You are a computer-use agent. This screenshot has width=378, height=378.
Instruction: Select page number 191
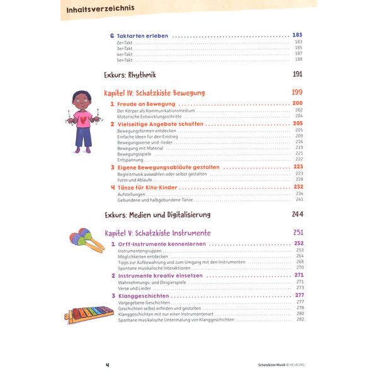[x=298, y=75]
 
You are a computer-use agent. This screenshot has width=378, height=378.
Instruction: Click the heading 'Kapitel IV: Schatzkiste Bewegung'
[x=154, y=92]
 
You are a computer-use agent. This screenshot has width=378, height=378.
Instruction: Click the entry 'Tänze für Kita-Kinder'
[x=149, y=187]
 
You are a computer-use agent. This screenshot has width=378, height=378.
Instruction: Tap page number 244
[x=298, y=214]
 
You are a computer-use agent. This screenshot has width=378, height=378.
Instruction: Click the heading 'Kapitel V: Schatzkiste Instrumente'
[x=157, y=232]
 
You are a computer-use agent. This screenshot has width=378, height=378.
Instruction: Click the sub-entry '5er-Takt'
[x=125, y=59]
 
